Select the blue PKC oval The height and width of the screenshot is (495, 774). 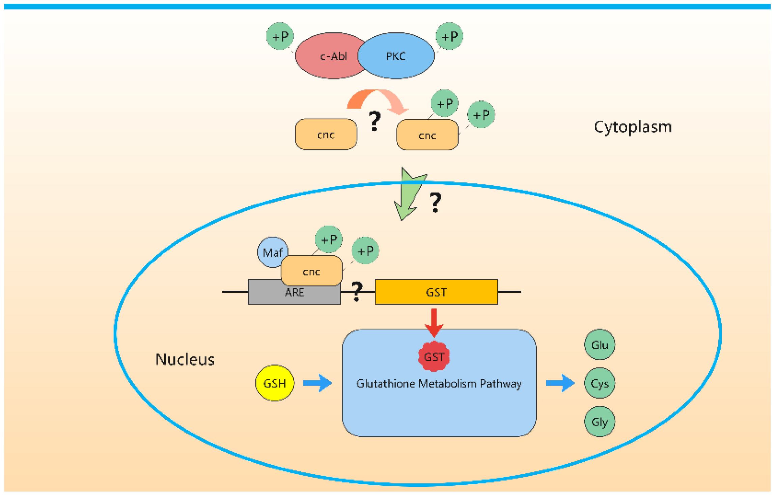(396, 56)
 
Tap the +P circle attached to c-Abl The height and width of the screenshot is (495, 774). (280, 36)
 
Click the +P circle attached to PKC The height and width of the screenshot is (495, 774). (449, 36)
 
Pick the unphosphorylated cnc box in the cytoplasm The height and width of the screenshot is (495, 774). (326, 134)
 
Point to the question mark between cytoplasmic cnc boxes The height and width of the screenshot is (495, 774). (375, 121)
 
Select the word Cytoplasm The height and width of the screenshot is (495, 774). (633, 127)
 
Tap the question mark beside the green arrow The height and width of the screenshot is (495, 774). (435, 202)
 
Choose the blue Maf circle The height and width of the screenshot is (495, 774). (272, 252)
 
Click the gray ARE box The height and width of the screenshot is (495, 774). (294, 292)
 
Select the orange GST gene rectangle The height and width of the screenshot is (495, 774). (436, 292)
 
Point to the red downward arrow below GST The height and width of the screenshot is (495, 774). (434, 323)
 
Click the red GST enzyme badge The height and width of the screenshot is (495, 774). (434, 356)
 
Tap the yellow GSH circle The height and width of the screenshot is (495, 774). (275, 383)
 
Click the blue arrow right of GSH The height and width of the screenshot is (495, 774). (317, 383)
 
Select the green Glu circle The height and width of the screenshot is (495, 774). (600, 345)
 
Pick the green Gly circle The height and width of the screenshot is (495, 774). (600, 421)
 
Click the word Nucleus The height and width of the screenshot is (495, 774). (185, 359)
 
